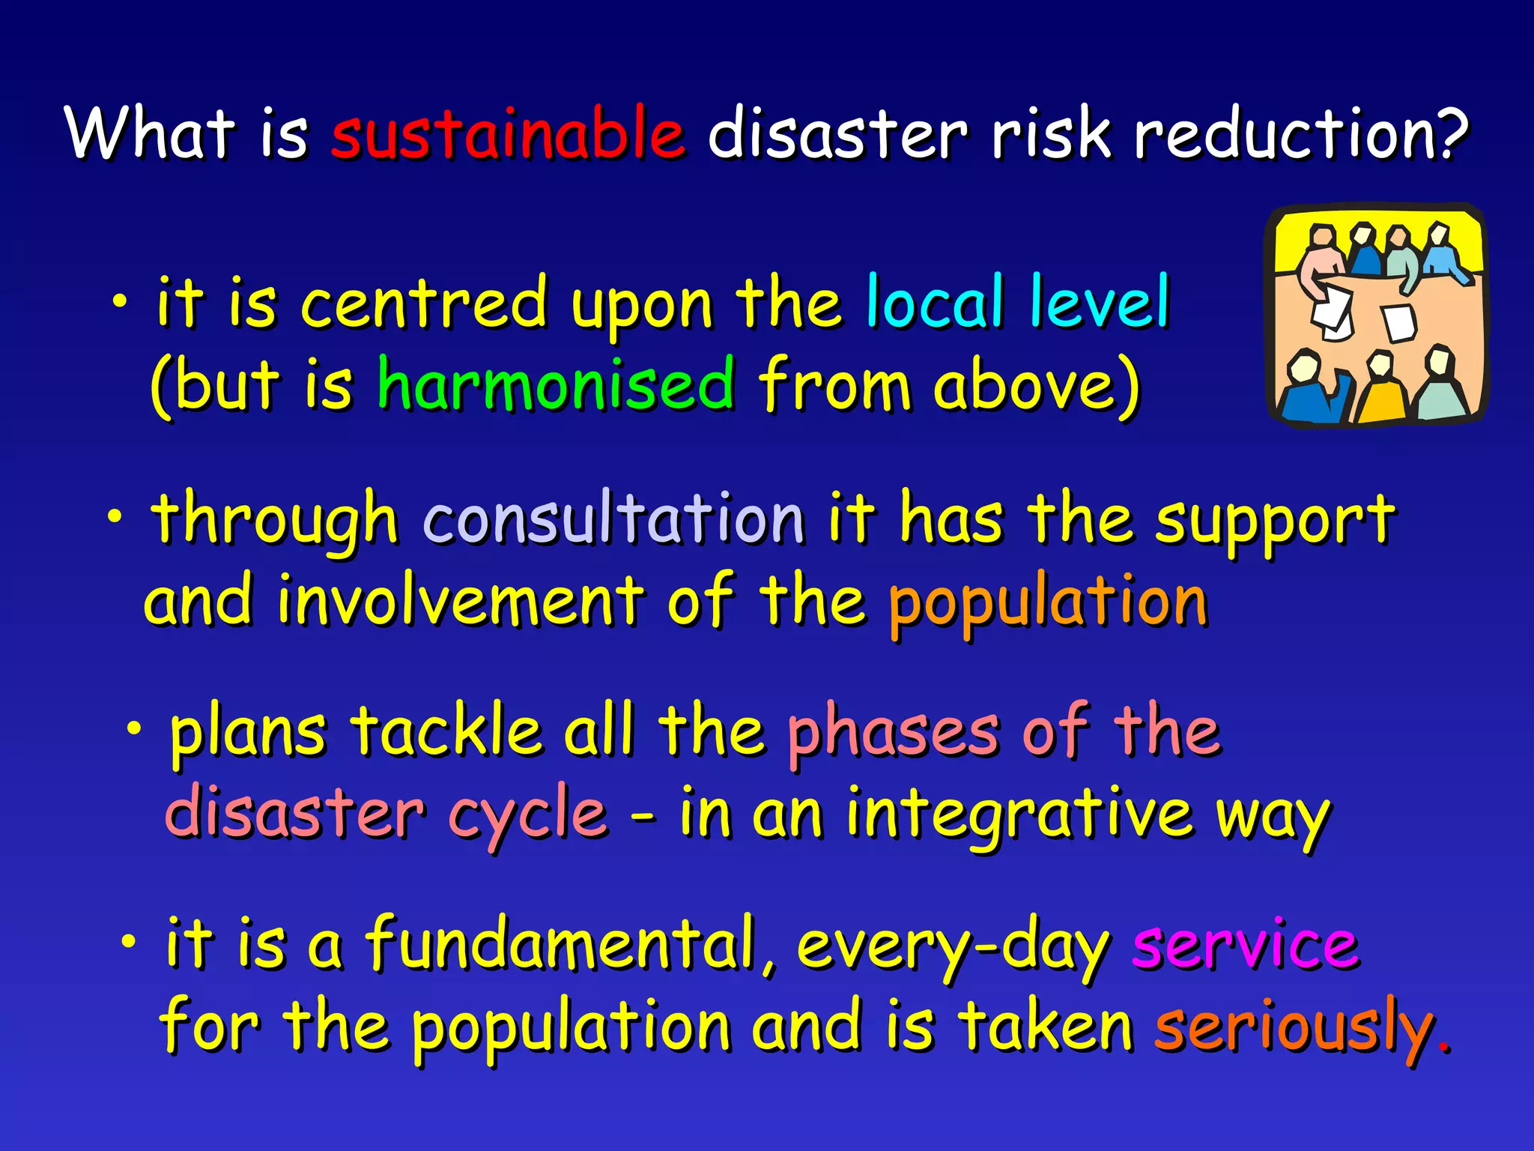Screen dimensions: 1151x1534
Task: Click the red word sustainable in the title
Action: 508,133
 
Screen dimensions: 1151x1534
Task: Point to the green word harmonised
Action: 555,384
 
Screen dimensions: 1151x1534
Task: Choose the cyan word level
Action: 1100,303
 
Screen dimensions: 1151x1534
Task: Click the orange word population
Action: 1048,604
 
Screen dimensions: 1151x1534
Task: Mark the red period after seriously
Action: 1445,1046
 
